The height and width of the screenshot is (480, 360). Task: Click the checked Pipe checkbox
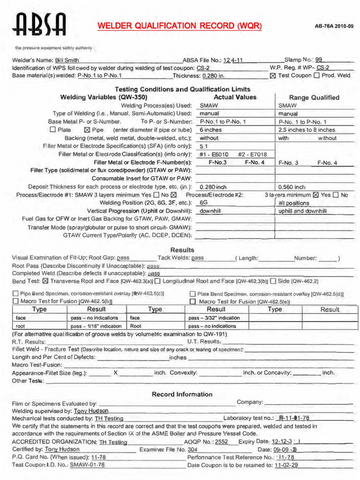coord(86,130)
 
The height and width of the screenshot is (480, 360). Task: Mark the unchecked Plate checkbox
coord(52,130)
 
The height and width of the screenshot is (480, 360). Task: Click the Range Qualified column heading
coord(314,97)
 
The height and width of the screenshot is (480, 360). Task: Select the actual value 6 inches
coord(210,130)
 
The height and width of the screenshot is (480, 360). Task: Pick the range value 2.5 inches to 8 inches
coord(307,130)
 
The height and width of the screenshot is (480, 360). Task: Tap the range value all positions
coord(294,203)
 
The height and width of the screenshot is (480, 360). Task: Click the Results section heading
coord(182,250)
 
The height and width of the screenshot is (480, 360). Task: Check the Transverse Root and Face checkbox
coord(45,281)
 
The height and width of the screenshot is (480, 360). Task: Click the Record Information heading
coord(182,394)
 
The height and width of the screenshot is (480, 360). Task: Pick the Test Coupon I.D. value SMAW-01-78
coord(87,465)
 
